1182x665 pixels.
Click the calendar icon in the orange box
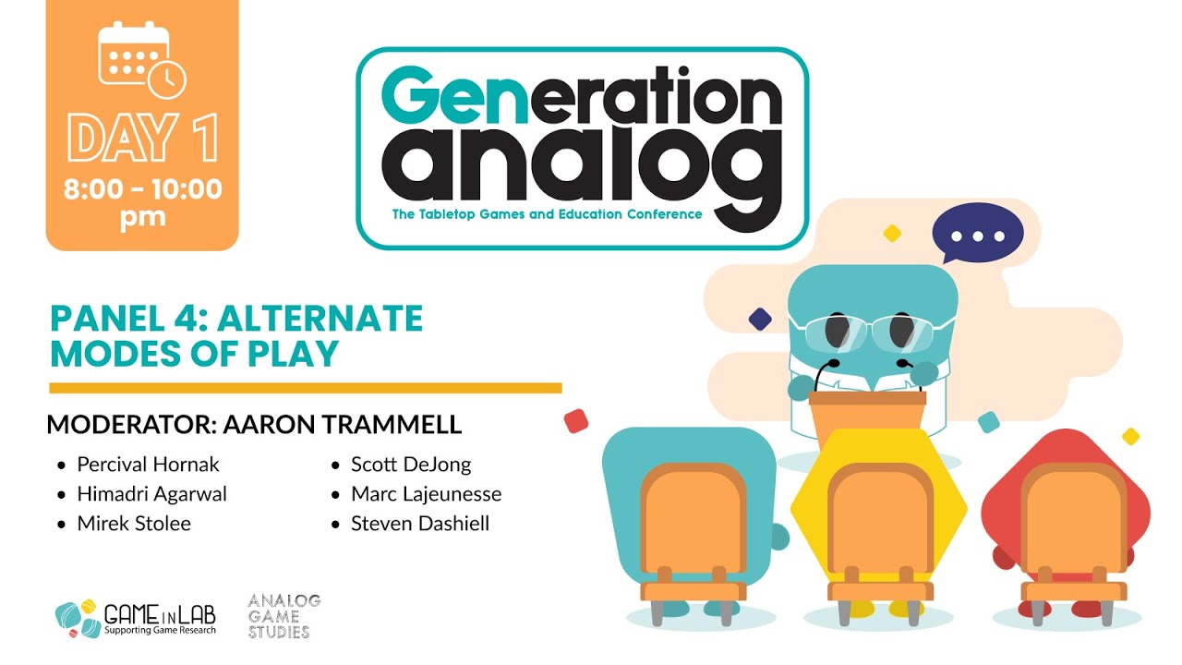[x=141, y=58]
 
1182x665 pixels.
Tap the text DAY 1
[x=142, y=139]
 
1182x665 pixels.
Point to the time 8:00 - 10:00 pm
[x=142, y=203]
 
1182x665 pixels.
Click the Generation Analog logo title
[x=582, y=139]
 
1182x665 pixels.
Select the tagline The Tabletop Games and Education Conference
[x=547, y=214]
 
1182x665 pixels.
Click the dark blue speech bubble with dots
[x=977, y=234]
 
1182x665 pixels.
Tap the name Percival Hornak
[x=148, y=464]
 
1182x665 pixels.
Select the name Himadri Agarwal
[x=151, y=493]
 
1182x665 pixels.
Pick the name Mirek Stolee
[x=134, y=523]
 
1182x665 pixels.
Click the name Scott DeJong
[x=411, y=464]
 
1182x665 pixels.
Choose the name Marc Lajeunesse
[x=426, y=493]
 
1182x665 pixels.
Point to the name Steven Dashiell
[x=420, y=523]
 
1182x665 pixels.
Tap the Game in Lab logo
[x=137, y=618]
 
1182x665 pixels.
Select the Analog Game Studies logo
[x=283, y=616]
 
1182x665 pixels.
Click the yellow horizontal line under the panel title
[x=305, y=388]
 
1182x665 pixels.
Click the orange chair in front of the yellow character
[x=878, y=531]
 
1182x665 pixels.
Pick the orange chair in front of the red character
[x=1072, y=531]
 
